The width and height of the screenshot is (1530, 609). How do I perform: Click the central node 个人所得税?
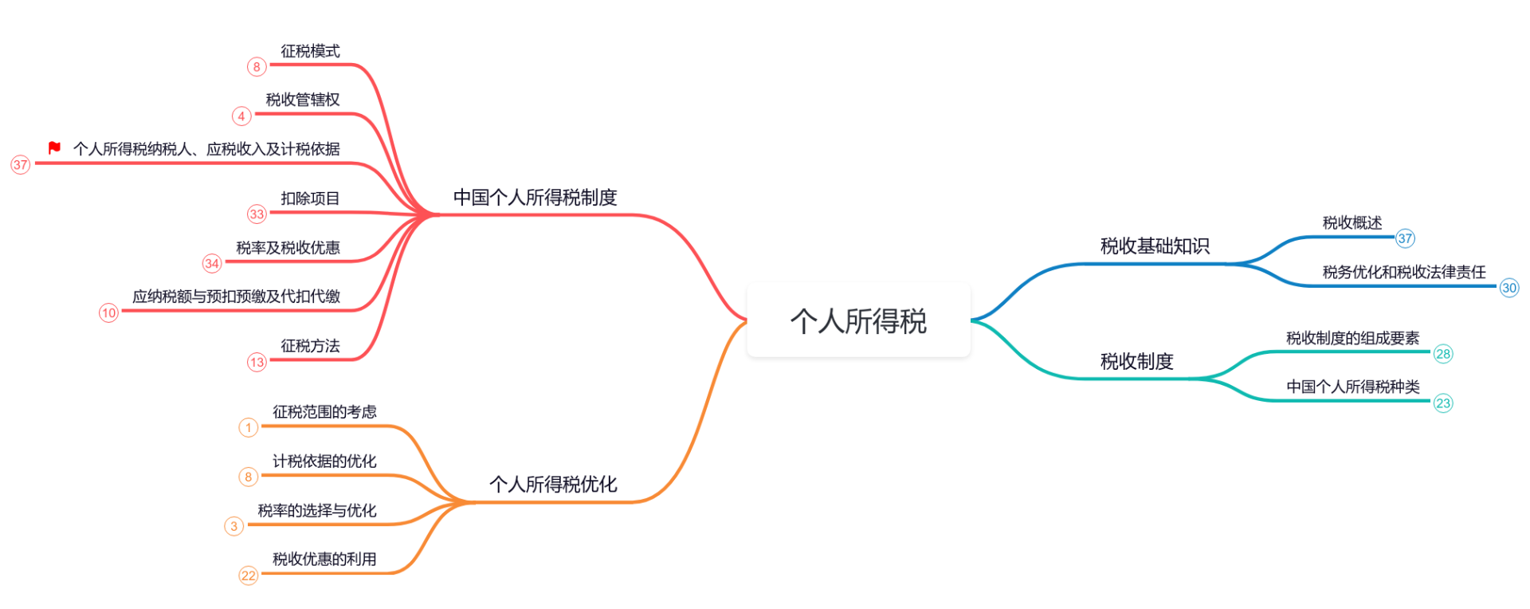(x=858, y=320)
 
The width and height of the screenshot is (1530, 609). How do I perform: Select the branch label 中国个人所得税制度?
(x=535, y=198)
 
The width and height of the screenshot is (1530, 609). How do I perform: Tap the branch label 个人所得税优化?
(x=553, y=485)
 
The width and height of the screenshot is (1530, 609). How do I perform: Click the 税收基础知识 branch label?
(x=1155, y=246)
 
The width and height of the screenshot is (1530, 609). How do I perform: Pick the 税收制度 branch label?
(x=1137, y=362)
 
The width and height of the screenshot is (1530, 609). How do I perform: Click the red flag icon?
(x=54, y=147)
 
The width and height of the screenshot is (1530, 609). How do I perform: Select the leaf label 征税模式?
(x=310, y=51)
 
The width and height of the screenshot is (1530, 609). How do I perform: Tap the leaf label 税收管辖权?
(x=303, y=100)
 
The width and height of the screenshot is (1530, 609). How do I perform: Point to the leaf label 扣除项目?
(x=310, y=198)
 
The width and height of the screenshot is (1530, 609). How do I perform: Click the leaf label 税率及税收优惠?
(x=288, y=248)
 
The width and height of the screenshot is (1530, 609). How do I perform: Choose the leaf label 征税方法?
(x=310, y=346)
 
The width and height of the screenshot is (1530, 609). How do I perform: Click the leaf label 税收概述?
(x=1352, y=223)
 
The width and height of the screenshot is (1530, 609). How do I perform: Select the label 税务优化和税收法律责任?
(x=1404, y=273)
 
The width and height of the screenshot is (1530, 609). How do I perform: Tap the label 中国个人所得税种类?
(x=1353, y=387)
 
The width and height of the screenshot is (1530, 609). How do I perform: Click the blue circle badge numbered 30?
(x=1509, y=288)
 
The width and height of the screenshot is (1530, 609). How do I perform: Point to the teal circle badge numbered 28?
(x=1443, y=354)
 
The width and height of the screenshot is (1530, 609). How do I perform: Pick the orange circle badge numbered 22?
(x=249, y=576)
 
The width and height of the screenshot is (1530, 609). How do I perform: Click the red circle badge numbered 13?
(x=257, y=363)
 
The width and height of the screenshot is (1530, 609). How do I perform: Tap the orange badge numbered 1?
(x=249, y=428)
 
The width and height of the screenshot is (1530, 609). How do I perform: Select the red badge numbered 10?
(x=109, y=312)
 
